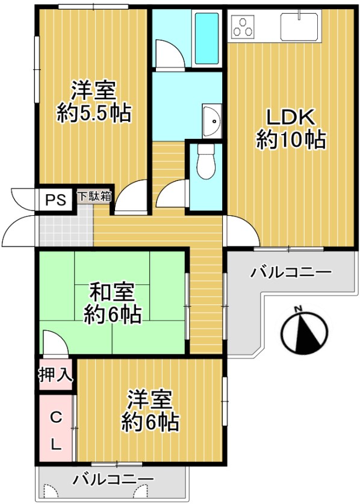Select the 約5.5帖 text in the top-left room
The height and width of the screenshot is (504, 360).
[94, 112]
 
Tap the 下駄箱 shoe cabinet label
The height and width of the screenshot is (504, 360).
[94, 195]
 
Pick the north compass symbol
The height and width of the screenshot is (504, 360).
[305, 333]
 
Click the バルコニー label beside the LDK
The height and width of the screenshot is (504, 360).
[291, 272]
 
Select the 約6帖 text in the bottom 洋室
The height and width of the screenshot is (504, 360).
[150, 422]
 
